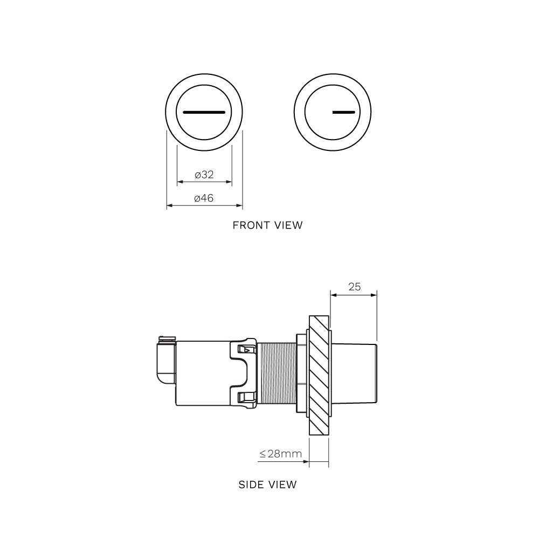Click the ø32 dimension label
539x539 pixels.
click(204, 175)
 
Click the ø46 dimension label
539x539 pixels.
click(204, 198)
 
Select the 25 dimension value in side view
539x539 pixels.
click(354, 287)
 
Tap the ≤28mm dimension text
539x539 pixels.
click(280, 454)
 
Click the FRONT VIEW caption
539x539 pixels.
click(267, 225)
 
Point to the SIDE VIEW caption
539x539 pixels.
click(267, 485)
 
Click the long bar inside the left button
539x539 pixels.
click(204, 113)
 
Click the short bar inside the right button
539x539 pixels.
click(344, 113)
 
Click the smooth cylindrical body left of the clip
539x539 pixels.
click(202, 373)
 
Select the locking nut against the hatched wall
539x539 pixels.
click(301, 373)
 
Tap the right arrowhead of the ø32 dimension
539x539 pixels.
click(229, 182)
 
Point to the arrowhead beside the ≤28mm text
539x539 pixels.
click(306, 461)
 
